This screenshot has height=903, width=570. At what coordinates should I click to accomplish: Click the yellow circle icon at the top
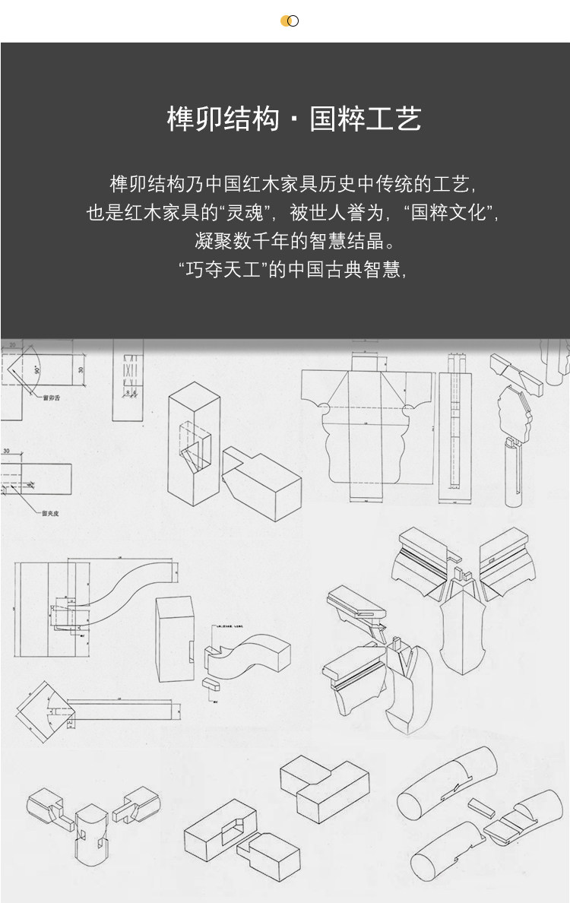pos(287,21)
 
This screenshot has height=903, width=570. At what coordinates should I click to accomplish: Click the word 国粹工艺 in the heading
pos(366,119)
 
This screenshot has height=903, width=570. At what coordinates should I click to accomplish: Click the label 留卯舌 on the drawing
pos(52,397)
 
